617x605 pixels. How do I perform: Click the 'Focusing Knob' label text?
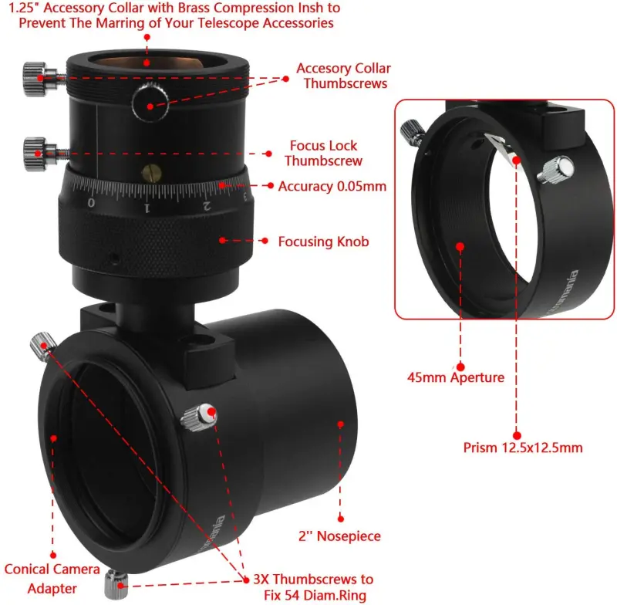point(323,242)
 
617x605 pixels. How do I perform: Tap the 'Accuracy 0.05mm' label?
point(332,186)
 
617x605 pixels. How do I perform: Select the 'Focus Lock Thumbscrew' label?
point(323,153)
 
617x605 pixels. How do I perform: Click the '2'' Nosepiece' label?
point(340,536)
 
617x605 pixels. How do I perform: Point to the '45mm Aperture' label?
point(456,377)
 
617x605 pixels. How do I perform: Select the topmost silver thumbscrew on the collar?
point(32,77)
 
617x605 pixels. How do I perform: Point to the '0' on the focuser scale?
point(91,202)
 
